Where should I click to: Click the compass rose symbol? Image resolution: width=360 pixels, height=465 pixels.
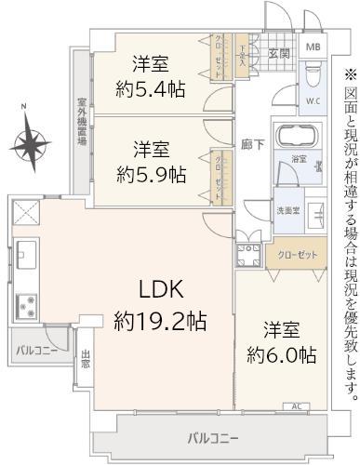32,144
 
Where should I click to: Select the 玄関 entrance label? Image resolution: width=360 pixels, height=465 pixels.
278,52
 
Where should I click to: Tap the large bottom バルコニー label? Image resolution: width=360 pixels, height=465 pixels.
212,437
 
